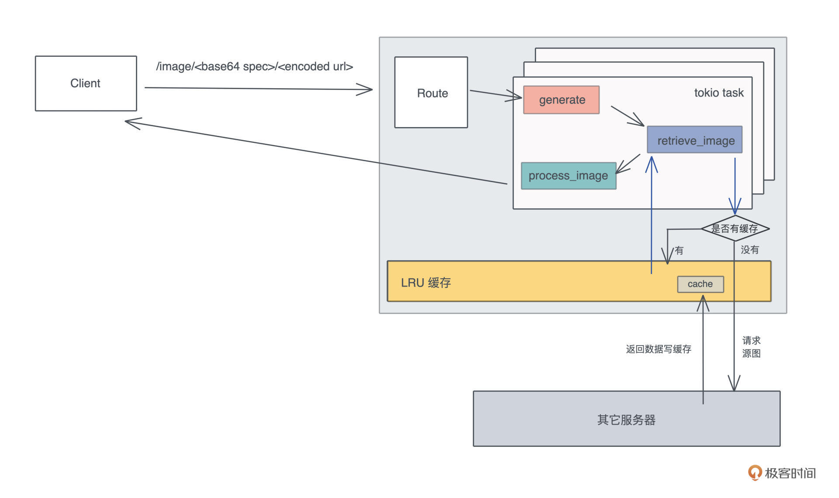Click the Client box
86,83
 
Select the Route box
431,93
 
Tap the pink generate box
562,100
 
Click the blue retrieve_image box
695,140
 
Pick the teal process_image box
569,176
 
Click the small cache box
700,284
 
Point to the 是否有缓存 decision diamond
735,228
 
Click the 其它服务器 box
626,419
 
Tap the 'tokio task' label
718,93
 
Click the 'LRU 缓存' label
426,283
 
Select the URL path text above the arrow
254,66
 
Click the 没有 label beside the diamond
750,250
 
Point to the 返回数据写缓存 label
658,349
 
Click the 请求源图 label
751,347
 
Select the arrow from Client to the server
258,89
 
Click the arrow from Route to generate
496,94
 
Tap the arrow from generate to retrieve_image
628,116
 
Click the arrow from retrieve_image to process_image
628,164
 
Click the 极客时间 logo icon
755,473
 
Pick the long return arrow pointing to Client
315,152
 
